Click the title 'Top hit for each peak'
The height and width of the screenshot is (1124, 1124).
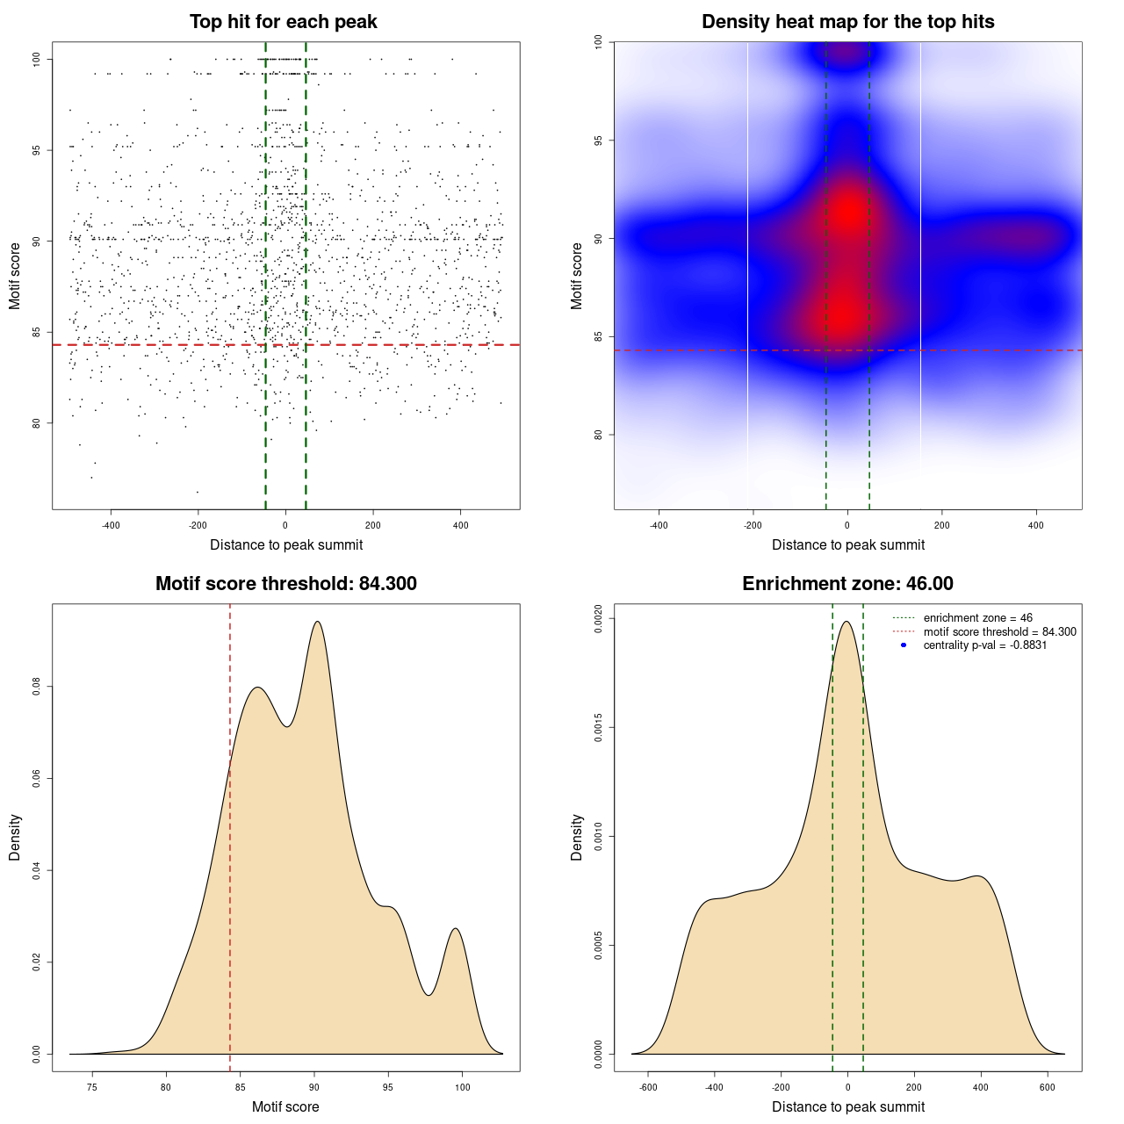tap(283, 22)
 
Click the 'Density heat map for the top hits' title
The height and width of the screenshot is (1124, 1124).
tap(847, 22)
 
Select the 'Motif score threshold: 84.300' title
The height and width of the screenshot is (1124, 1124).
tap(285, 584)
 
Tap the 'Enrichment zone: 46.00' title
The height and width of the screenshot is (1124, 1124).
tap(847, 584)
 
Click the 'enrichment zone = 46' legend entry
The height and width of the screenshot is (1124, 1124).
tap(977, 618)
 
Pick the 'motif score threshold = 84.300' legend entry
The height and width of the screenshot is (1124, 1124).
tap(999, 632)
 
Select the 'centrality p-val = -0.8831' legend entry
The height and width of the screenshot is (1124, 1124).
tap(984, 645)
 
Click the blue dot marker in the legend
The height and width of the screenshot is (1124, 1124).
tap(904, 645)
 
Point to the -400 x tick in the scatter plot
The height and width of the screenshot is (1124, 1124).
tap(111, 526)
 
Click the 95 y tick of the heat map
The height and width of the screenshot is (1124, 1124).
tap(598, 140)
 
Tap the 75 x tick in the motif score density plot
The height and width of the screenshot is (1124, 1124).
tap(92, 1088)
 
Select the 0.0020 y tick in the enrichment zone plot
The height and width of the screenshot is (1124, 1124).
tap(598, 619)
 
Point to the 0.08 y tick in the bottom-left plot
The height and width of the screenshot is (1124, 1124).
tap(36, 687)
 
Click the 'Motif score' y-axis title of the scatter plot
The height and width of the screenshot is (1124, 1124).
tap(15, 276)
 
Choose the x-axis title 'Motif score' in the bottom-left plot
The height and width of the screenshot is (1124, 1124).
tap(285, 1106)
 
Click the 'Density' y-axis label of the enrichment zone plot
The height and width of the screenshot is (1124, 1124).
tap(577, 837)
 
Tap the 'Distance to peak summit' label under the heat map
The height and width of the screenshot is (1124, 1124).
tap(847, 544)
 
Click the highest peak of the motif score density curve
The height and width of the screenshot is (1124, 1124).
tap(317, 622)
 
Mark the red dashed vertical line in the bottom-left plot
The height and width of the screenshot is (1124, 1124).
tap(230, 834)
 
